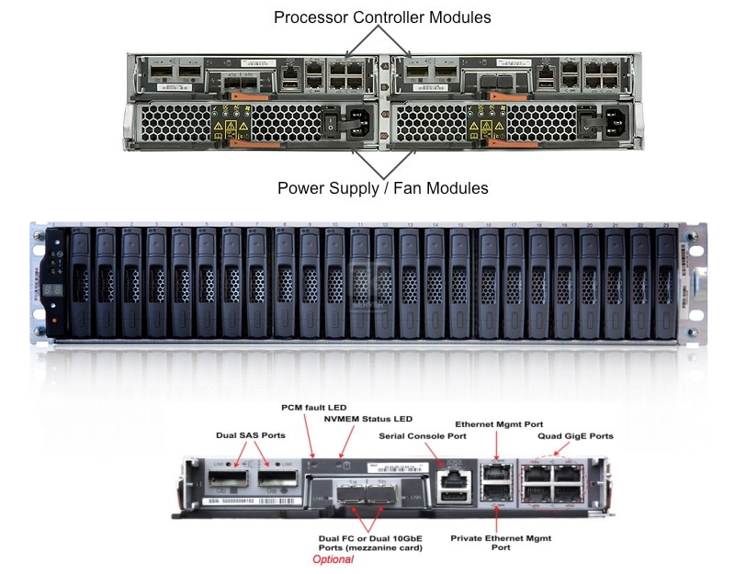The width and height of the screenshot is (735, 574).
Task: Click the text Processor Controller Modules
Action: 382,17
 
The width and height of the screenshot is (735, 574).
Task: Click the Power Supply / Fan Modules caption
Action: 382,188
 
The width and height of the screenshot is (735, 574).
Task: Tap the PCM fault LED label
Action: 315,406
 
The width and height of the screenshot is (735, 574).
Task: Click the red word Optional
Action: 333,558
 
